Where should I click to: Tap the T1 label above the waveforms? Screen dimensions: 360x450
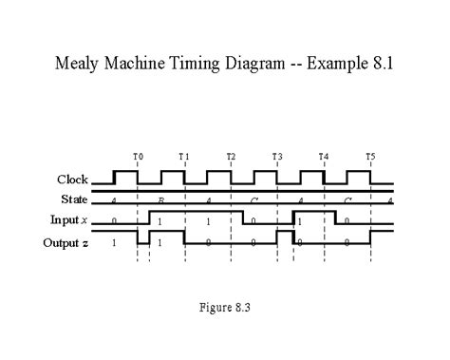pyautogui.click(x=184, y=156)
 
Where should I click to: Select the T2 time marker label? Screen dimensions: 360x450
pyautogui.click(x=231, y=156)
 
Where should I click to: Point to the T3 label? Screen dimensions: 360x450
pyautogui.click(x=277, y=156)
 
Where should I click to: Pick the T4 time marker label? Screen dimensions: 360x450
pyautogui.click(x=323, y=156)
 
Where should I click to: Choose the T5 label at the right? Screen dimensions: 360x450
pyautogui.click(x=369, y=156)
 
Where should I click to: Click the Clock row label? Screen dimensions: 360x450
pyautogui.click(x=73, y=180)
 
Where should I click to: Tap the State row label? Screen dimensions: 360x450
pyautogui.click(x=74, y=199)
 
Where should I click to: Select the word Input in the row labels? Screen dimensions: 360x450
pyautogui.click(x=66, y=220)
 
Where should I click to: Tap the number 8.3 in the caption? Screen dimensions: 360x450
pyautogui.click(x=243, y=307)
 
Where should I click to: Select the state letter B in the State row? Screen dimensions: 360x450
pyautogui.click(x=160, y=200)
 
